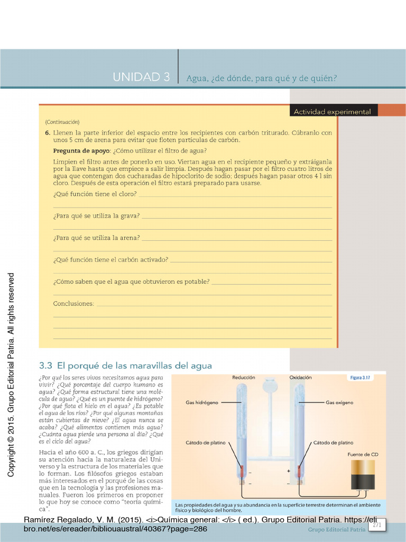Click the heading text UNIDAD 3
pyautogui.click(x=141, y=77)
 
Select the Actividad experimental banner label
pyautogui.click(x=332, y=112)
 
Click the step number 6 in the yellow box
pyautogui.click(x=47, y=133)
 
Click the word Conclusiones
pyautogui.click(x=73, y=304)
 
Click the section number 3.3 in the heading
pyautogui.click(x=47, y=365)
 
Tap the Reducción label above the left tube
pyautogui.click(x=244, y=378)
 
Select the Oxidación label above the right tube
pyautogui.click(x=300, y=378)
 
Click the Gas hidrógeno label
pyautogui.click(x=202, y=402)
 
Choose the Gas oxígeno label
pyautogui.click(x=339, y=402)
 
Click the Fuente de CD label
pyautogui.click(x=363, y=454)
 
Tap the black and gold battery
pyautogui.click(x=363, y=474)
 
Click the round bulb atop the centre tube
pyautogui.click(x=270, y=385)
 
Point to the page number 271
pyautogui.click(x=377, y=525)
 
